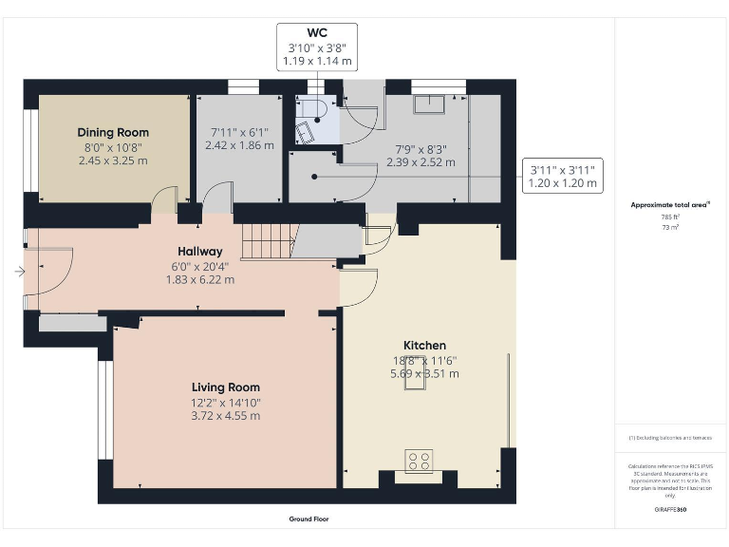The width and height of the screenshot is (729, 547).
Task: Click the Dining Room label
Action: (113, 132)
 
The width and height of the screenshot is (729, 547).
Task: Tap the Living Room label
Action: (225, 387)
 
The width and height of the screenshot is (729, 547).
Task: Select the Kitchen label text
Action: (424, 345)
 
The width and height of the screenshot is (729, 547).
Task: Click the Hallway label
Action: (200, 251)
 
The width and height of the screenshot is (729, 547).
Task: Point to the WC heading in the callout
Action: (317, 32)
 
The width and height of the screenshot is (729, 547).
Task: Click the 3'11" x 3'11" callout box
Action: (563, 176)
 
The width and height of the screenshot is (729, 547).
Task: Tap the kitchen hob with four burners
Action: (419, 461)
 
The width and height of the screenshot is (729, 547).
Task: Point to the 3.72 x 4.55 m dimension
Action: (225, 416)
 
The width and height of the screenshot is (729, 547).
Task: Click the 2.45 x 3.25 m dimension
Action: (113, 161)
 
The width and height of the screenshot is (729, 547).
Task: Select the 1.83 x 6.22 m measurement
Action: (200, 280)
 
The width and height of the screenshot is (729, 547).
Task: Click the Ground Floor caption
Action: (309, 519)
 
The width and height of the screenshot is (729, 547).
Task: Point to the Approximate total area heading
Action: (670, 205)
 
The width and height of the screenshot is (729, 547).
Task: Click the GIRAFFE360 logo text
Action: (670, 510)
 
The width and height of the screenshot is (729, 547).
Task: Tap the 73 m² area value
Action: (670, 228)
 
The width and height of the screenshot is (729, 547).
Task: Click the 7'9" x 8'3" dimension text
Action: (421, 148)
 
